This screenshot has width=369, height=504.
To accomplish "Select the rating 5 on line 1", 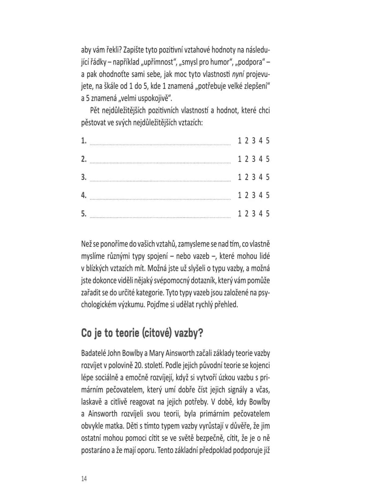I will (x=268, y=141).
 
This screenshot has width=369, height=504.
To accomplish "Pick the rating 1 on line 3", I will (x=239, y=177).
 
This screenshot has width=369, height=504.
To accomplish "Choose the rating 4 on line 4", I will (x=260, y=195).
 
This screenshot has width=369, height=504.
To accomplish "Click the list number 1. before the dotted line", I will (x=84, y=141).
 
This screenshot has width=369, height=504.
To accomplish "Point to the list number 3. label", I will (x=84, y=177).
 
